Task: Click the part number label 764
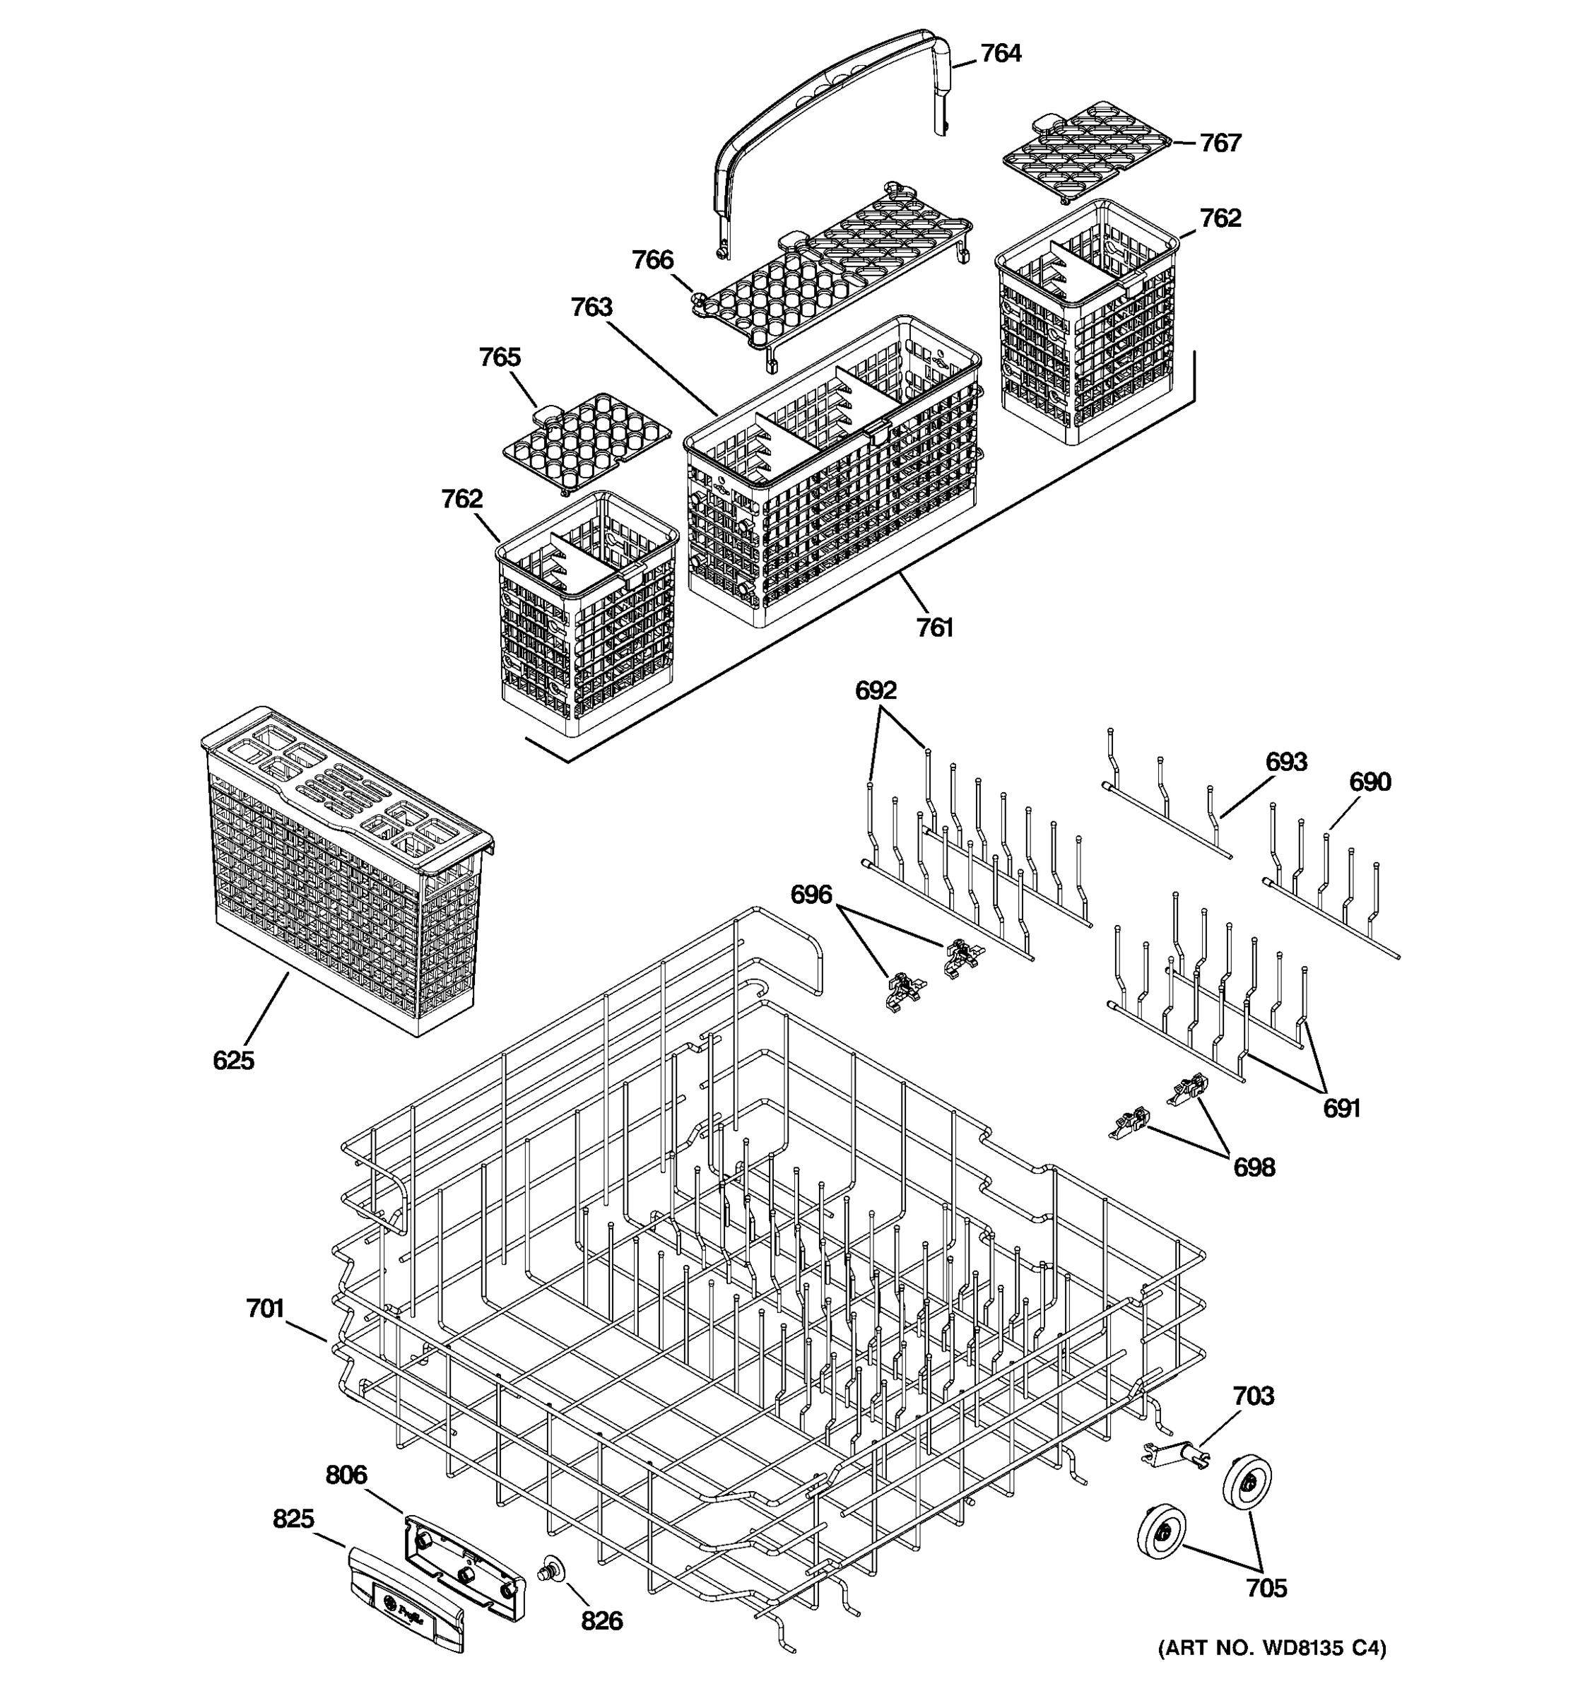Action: click(1000, 54)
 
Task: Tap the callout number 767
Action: click(1220, 143)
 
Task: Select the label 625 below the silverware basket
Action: click(233, 1061)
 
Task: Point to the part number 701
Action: click(264, 1309)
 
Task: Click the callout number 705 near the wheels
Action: click(1266, 1588)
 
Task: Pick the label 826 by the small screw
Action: click(601, 1621)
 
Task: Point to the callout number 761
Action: click(934, 628)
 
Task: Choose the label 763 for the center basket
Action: click(591, 307)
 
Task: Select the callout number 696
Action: click(811, 895)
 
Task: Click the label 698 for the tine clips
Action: click(1254, 1167)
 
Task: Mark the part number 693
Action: click(1285, 762)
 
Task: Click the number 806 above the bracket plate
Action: click(346, 1475)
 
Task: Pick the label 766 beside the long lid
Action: click(652, 260)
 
